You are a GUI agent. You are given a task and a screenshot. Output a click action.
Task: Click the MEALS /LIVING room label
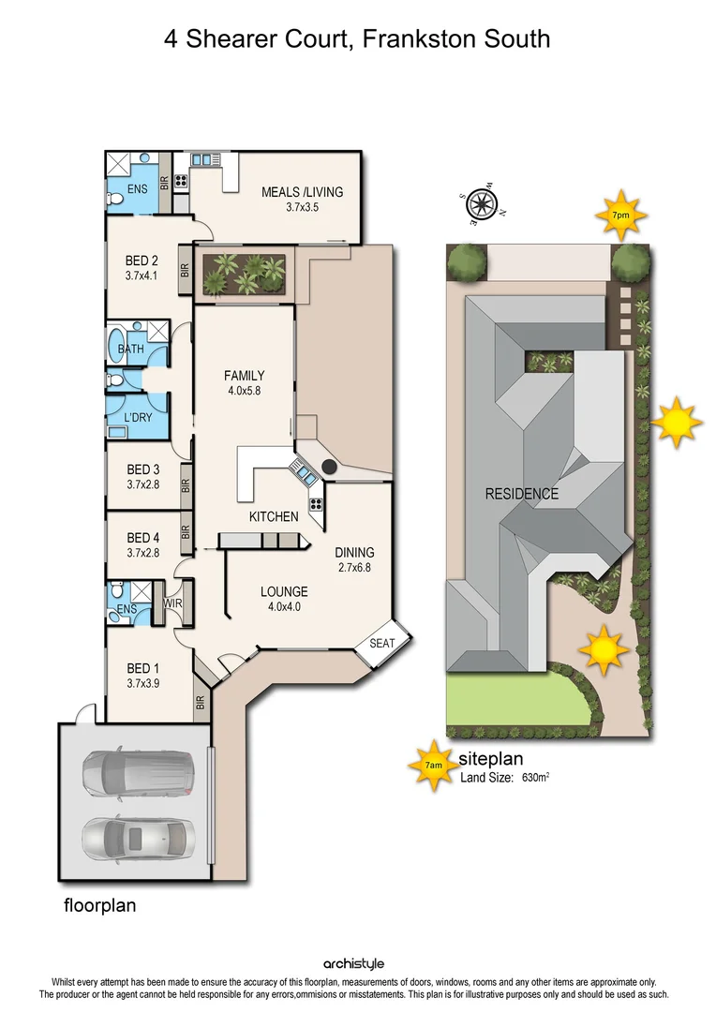302,192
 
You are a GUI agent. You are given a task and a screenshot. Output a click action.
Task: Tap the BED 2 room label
141,261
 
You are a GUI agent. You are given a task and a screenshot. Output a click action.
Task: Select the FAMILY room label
244,376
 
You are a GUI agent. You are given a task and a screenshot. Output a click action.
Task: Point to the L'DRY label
137,417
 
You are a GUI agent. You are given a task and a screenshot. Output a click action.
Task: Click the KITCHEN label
274,516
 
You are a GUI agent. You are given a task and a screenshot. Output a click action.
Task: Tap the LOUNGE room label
284,591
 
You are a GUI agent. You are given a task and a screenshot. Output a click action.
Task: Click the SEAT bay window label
381,643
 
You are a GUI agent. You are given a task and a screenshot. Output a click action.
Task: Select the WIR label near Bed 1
173,603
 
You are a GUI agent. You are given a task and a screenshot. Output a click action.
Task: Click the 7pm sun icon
619,215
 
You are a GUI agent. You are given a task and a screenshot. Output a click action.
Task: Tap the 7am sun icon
432,766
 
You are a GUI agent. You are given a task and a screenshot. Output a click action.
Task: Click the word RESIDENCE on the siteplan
521,494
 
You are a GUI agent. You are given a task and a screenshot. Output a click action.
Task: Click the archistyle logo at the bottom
353,963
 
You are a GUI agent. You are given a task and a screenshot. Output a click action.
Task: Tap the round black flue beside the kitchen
330,466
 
